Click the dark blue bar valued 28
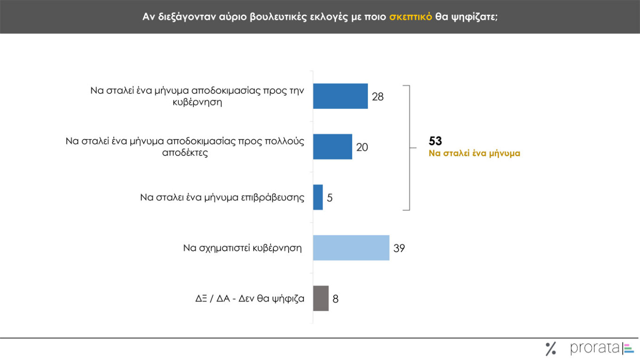[340, 96]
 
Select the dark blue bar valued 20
[332, 147]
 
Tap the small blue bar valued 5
[318, 197]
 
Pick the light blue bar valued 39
[351, 248]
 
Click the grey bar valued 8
[321, 298]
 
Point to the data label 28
[377, 97]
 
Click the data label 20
[362, 147]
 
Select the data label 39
[399, 248]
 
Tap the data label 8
[336, 299]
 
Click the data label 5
[330, 198]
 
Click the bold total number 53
[435, 141]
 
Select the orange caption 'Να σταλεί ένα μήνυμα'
[474, 153]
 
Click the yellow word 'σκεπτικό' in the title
[410, 17]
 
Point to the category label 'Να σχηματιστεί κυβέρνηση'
[242, 248]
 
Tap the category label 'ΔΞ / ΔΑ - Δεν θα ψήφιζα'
[250, 298]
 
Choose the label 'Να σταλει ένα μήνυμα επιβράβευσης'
[222, 198]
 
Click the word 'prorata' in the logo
[595, 348]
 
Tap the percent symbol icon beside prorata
[551, 349]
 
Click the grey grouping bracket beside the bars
[409, 147]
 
